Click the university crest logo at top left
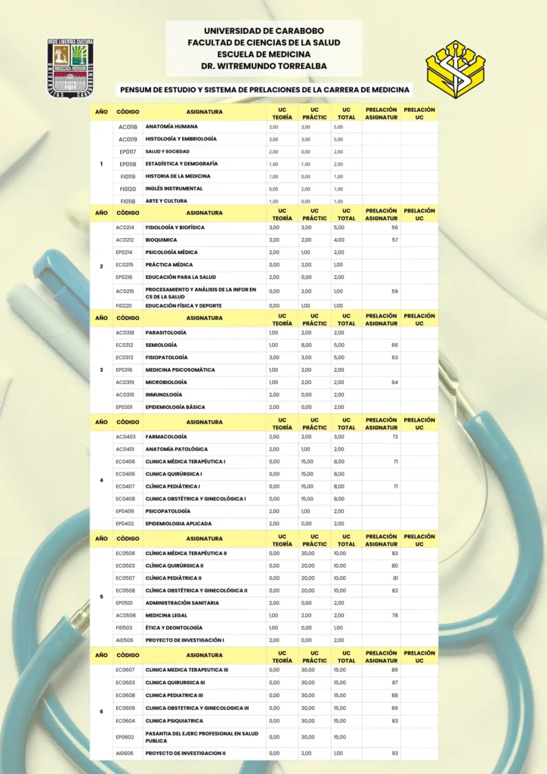70,68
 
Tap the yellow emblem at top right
455,70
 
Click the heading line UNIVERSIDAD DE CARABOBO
264,30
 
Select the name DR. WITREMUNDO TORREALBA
264,66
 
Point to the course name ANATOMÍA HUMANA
172,127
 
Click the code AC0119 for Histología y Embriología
128,139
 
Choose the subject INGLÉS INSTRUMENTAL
174,188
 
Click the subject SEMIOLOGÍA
161,345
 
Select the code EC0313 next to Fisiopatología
125,358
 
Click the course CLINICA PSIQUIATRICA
174,720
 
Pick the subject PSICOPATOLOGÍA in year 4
168,511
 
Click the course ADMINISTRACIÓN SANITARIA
182,602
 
